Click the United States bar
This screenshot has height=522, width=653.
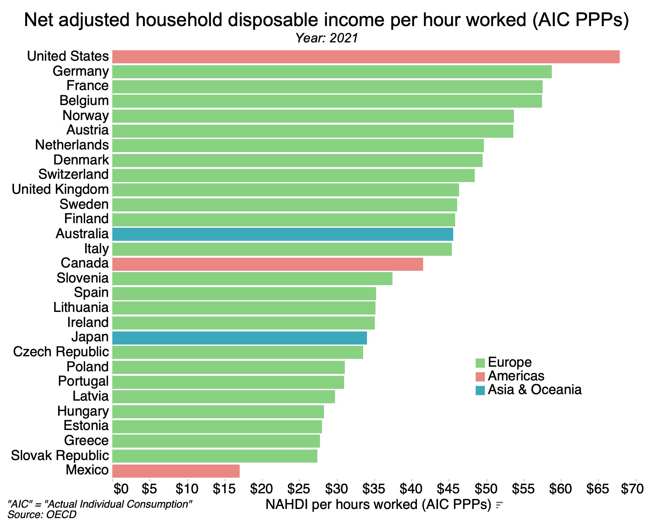[x=366, y=57]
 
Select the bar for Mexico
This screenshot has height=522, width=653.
[x=176, y=471]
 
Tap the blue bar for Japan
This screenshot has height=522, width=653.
[x=239, y=338]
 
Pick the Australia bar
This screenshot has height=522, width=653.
[x=282, y=234]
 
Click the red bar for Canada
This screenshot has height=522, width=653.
[x=267, y=264]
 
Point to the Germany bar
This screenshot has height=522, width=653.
[x=332, y=72]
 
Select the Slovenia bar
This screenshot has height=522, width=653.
[x=252, y=279]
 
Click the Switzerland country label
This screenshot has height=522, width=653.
[x=73, y=174]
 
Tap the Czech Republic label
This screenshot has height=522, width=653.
[x=61, y=352]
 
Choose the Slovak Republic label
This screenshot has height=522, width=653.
[x=60, y=455]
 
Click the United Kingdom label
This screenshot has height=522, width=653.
[x=60, y=189]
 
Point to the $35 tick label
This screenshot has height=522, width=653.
[x=374, y=489]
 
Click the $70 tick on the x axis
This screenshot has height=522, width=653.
[x=632, y=489]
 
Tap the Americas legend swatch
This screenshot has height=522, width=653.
[x=480, y=376]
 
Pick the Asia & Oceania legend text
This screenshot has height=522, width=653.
[x=534, y=390]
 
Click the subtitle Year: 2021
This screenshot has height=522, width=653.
[x=326, y=38]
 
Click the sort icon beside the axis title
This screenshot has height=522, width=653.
[x=499, y=505]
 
